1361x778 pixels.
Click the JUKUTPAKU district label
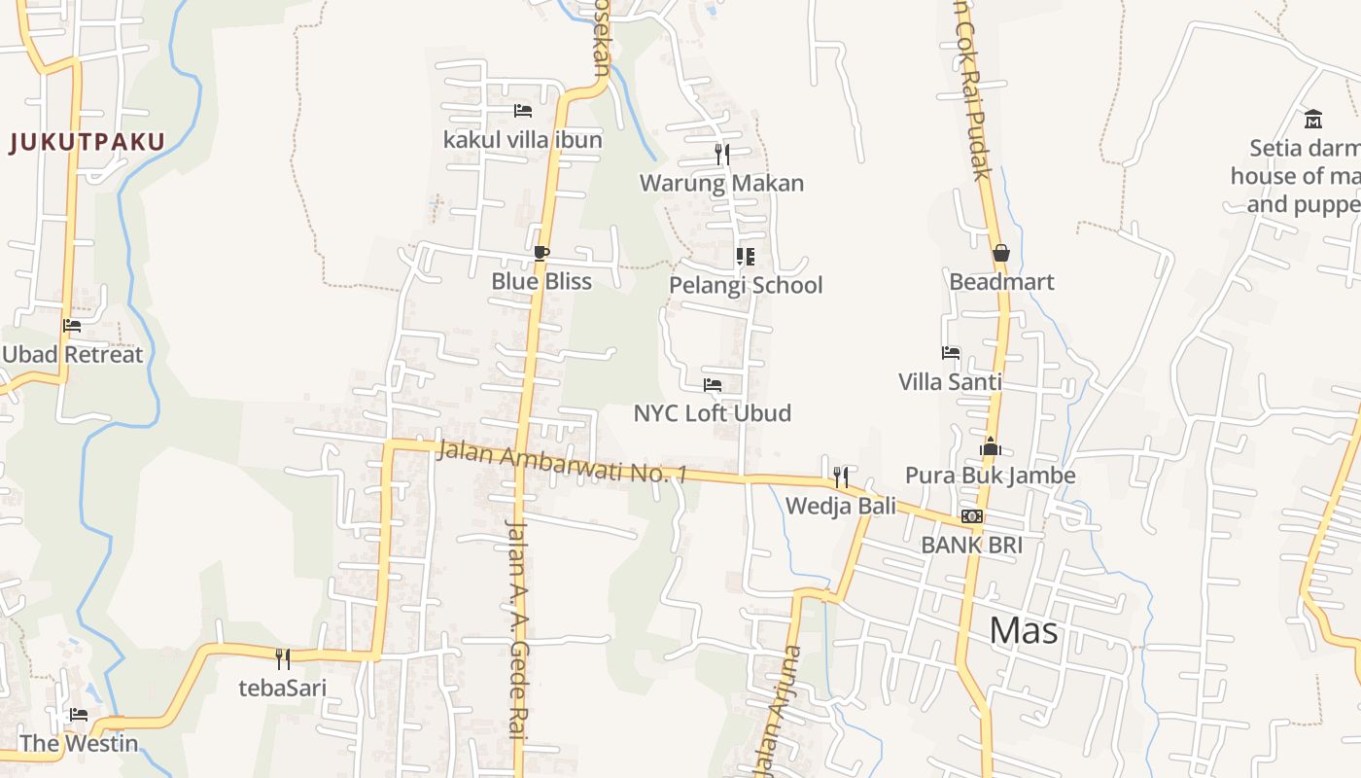click(87, 143)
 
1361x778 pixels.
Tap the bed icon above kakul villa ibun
click(523, 111)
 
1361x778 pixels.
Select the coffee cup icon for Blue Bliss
click(541, 254)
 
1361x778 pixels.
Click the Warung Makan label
click(721, 183)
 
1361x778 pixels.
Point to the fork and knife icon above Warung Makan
click(721, 154)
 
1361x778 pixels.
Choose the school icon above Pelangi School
click(746, 257)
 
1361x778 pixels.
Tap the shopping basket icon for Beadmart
click(1001, 254)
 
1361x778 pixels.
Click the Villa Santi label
click(950, 381)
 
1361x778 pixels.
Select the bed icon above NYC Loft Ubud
click(713, 385)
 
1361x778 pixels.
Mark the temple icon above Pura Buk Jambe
click(991, 447)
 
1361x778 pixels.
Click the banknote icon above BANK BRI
click(972, 516)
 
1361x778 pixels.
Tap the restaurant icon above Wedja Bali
click(841, 477)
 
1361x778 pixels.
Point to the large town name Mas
click(1024, 631)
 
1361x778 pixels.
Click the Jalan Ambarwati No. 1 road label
click(562, 462)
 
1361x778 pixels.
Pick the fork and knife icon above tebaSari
click(282, 659)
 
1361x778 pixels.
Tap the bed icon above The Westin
click(79, 716)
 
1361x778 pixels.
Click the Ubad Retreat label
click(72, 354)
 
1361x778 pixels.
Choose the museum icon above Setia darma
click(1313, 119)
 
